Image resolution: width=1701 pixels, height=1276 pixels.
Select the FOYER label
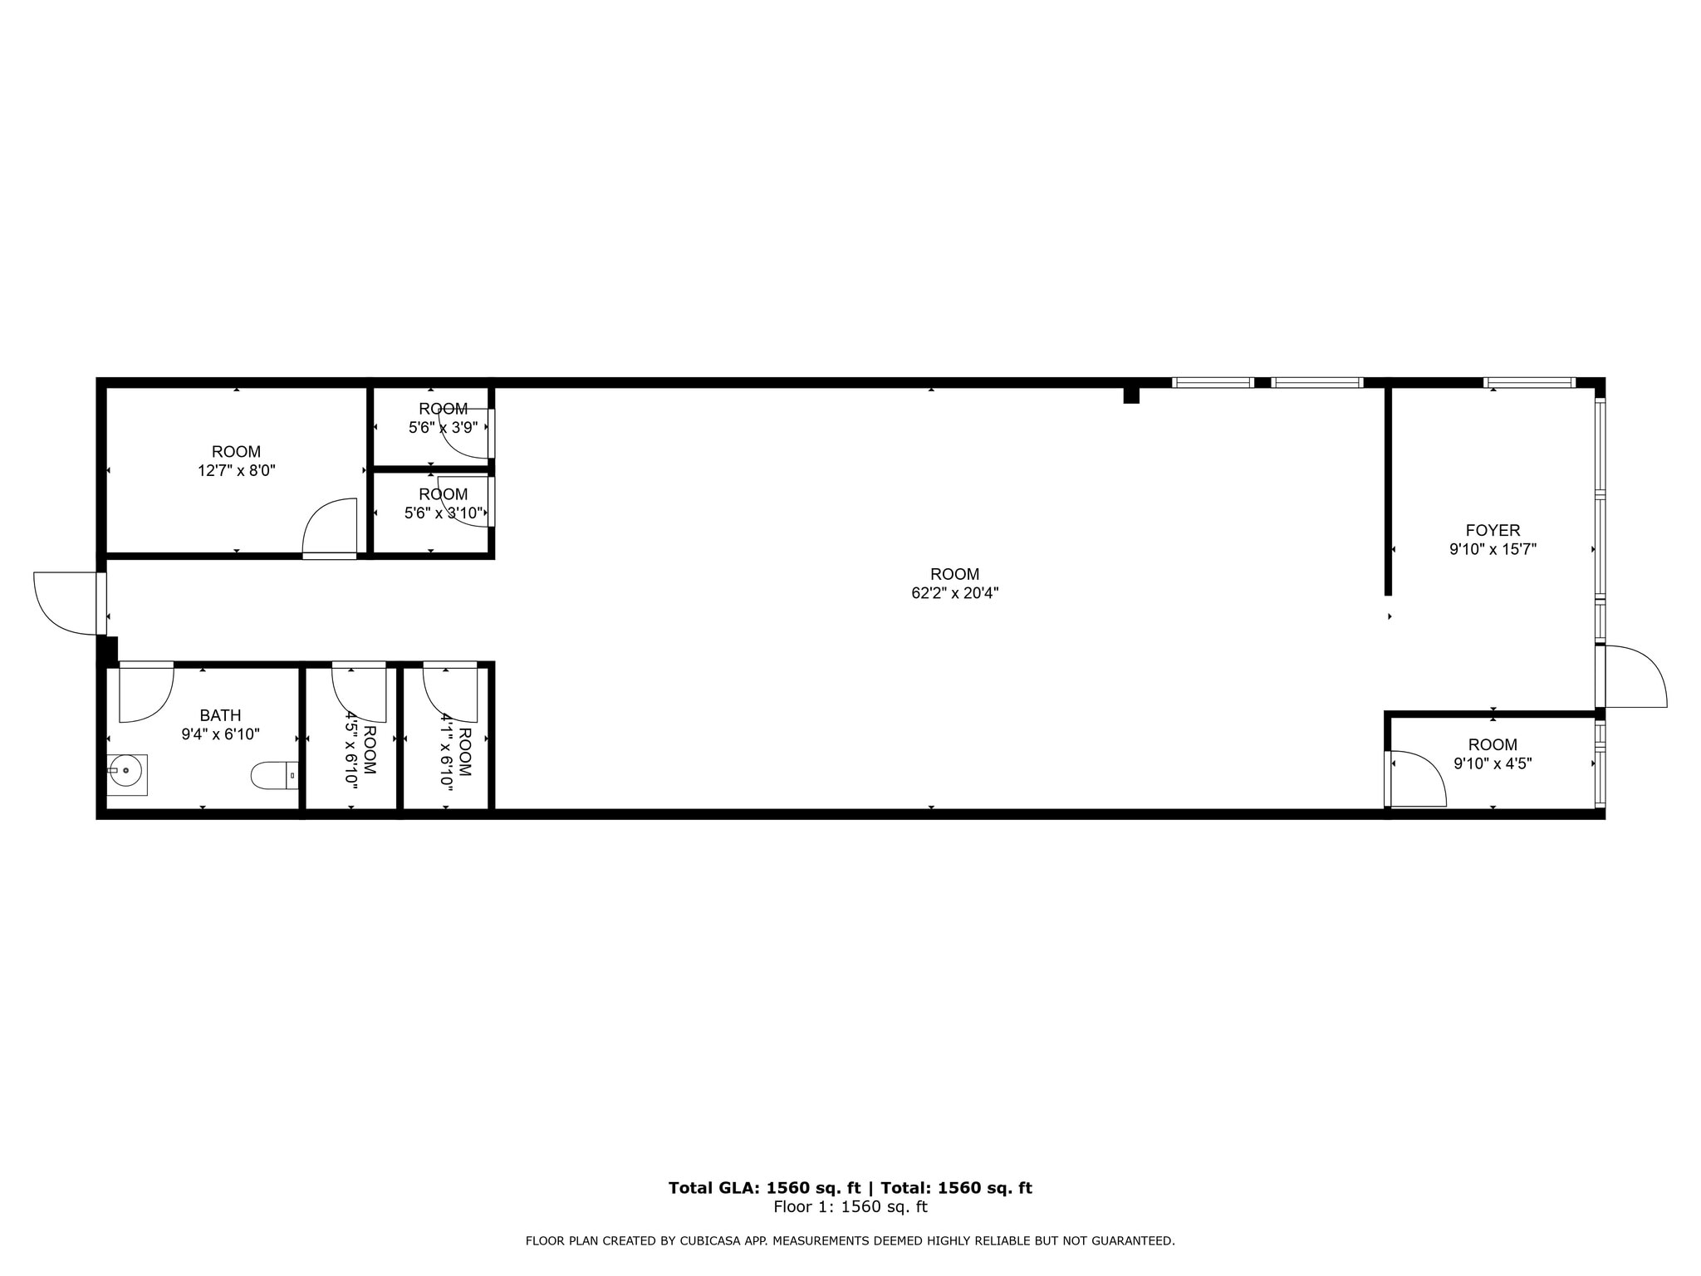[x=1493, y=531]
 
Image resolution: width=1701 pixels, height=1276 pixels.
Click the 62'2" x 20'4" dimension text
[x=954, y=593]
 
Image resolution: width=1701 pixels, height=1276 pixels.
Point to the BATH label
[x=220, y=716]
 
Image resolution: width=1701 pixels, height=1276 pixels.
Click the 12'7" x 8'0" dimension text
[x=236, y=471]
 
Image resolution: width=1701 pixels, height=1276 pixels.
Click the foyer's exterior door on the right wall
[x=1635, y=676]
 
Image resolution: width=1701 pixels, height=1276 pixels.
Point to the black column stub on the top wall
[x=1130, y=395]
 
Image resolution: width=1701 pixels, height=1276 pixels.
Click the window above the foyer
[x=1529, y=383]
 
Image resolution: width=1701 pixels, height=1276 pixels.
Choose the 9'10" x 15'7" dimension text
[x=1493, y=550]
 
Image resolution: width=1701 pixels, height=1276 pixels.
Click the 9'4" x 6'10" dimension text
[x=220, y=735]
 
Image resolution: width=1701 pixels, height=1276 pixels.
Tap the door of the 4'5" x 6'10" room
[x=359, y=692]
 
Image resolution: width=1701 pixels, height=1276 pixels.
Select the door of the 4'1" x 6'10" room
[x=450, y=692]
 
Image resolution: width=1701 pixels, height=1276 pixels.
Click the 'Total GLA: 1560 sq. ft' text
[x=764, y=1188]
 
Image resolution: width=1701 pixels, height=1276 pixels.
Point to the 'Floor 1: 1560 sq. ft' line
[x=850, y=1207]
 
